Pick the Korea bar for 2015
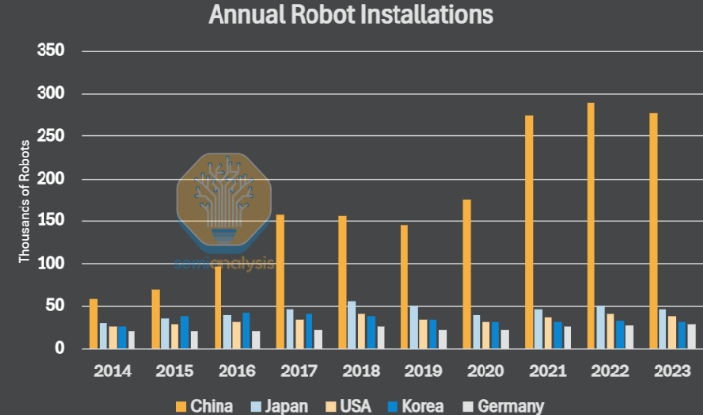coord(184,332)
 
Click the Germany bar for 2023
coord(691,336)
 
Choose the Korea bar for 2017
coord(308,331)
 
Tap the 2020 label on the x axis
coord(486,372)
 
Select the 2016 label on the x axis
coord(236,372)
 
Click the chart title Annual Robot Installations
coord(351,15)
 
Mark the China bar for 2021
coord(529,231)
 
